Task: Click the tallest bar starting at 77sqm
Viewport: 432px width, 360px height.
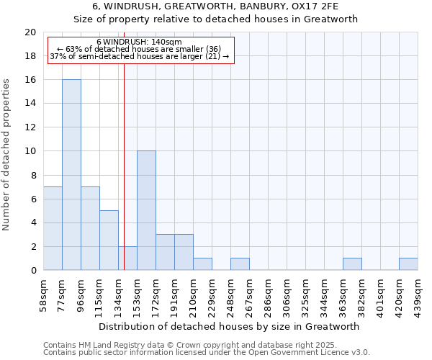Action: click(71, 175)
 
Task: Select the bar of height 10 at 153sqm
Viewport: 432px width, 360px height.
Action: click(146, 210)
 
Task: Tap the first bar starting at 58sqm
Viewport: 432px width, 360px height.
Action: click(53, 228)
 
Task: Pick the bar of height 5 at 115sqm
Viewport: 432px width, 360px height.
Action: click(109, 240)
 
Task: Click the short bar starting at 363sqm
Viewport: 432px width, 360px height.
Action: click(352, 264)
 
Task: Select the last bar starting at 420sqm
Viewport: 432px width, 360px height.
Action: click(408, 264)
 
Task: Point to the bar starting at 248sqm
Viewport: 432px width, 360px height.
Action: click(240, 264)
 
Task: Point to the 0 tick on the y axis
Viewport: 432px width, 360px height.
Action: click(33, 270)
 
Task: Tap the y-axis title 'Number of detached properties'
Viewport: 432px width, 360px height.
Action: click(6, 155)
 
